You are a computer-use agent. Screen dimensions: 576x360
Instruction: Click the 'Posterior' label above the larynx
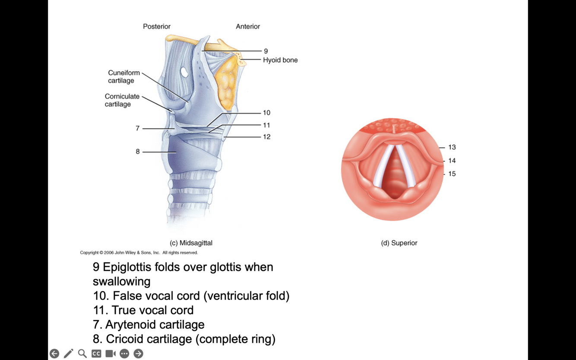pos(157,27)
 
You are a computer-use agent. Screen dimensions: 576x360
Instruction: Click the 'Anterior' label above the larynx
pos(248,27)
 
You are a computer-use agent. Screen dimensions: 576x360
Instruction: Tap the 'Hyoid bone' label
pos(280,60)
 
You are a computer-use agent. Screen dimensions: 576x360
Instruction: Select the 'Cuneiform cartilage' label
pos(123,77)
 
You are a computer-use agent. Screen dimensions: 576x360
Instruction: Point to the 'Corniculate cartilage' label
pos(122,100)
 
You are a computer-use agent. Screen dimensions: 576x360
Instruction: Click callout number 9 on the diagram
pos(266,51)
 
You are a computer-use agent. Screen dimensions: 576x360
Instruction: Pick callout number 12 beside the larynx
pos(266,137)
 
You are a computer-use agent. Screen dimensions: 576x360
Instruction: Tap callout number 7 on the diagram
pos(138,128)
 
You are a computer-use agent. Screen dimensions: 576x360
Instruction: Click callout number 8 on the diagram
pos(138,152)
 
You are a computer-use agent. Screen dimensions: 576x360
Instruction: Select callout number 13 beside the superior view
pos(452,147)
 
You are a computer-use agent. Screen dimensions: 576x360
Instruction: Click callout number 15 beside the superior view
pos(452,174)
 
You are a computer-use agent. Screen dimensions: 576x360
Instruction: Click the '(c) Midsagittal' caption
pos(191,243)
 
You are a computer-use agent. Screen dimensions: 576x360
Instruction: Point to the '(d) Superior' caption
pos(399,243)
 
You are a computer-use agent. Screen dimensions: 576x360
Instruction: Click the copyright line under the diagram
pos(139,253)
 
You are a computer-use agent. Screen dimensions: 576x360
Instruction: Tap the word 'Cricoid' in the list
pos(126,339)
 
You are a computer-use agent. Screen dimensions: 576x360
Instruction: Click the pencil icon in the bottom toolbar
pos(68,354)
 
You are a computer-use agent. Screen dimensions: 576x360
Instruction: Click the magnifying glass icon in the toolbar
pos(82,354)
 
